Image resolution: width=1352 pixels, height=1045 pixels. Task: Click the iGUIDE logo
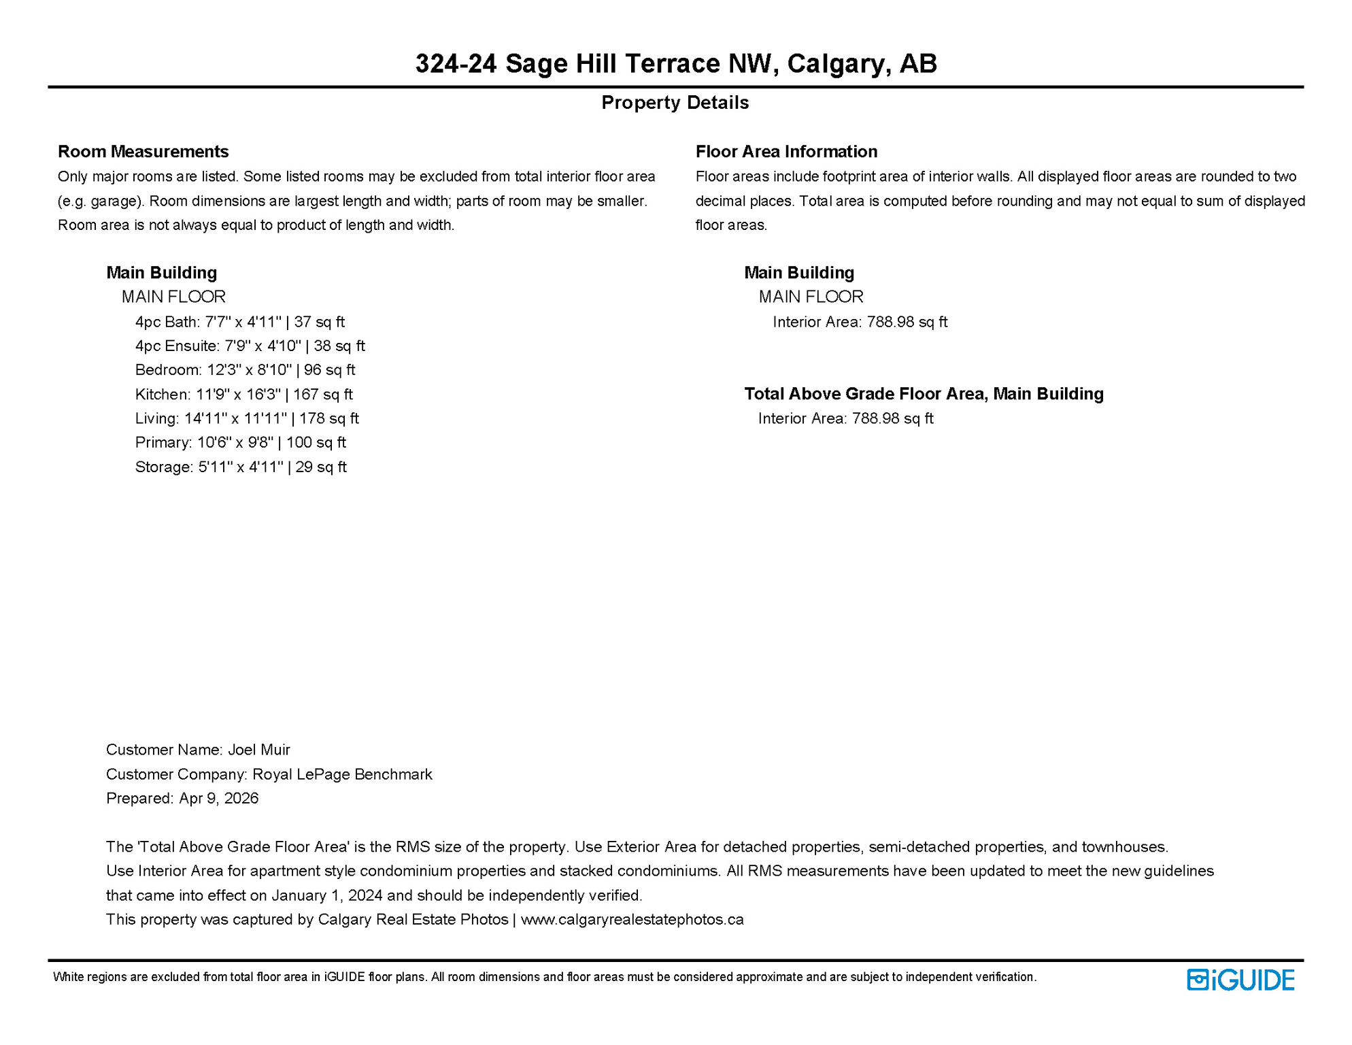[1240, 980]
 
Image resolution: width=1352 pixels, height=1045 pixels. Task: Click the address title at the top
[676, 63]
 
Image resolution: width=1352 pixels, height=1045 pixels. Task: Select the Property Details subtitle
[675, 103]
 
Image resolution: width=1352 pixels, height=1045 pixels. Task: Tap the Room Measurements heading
[143, 151]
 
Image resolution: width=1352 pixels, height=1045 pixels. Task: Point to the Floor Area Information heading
[786, 151]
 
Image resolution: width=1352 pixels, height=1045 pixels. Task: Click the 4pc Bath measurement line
[239, 322]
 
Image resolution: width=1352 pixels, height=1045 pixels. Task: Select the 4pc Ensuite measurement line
[250, 346]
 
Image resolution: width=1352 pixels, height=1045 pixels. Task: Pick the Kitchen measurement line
[243, 395]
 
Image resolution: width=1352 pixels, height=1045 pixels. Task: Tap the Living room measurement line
[247, 418]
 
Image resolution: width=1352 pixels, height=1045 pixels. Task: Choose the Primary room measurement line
[240, 443]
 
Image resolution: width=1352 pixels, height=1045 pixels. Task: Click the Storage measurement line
[241, 467]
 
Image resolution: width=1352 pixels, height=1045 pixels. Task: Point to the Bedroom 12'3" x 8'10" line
[245, 370]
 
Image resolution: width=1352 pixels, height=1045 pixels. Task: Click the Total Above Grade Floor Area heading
[924, 394]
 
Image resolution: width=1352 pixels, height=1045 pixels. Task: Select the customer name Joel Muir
[258, 750]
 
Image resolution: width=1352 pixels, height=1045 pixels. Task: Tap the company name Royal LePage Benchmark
[342, 774]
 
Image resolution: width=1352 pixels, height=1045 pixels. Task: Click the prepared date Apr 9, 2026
[218, 798]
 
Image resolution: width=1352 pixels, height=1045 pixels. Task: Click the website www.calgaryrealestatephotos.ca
[632, 920]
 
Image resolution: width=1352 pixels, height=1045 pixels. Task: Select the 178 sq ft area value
[329, 418]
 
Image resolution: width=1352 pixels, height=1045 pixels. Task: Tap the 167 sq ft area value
[323, 395]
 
